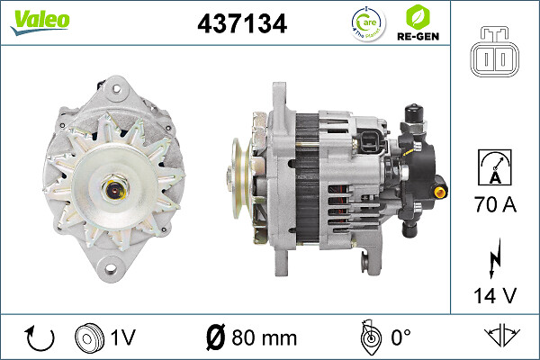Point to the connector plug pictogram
pyautogui.click(x=494, y=55)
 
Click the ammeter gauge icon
pyautogui.click(x=494, y=168)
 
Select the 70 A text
pyautogui.click(x=494, y=206)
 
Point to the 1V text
pyautogui.click(x=124, y=338)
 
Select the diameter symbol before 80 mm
pyautogui.click(x=217, y=338)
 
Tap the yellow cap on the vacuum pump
pyautogui.click(x=440, y=191)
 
